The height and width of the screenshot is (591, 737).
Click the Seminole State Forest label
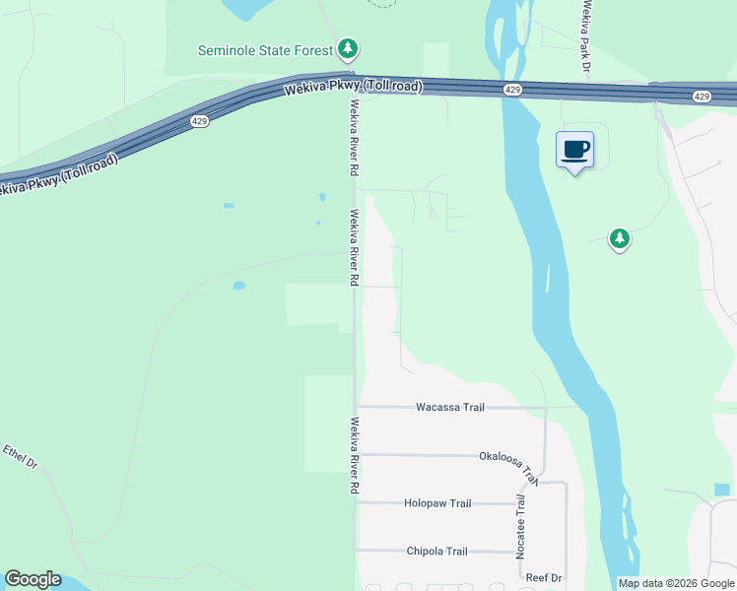tap(265, 49)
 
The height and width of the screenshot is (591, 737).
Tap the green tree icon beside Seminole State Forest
tap(347, 48)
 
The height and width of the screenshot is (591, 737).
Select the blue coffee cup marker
tap(575, 151)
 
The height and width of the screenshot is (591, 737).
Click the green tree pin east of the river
tap(619, 239)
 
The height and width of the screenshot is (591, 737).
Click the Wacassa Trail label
tap(450, 407)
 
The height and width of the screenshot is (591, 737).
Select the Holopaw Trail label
tap(437, 503)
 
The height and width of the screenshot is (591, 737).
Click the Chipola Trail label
tap(436, 552)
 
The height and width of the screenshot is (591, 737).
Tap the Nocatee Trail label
tap(521, 527)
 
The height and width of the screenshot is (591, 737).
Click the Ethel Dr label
tap(19, 457)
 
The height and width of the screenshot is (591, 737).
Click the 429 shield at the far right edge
tap(701, 97)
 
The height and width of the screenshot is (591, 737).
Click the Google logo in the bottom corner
tap(33, 579)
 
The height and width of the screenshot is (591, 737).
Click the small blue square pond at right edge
tap(722, 489)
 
